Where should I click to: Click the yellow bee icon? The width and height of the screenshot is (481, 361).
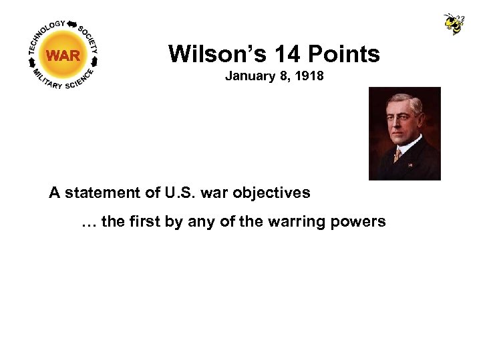454,23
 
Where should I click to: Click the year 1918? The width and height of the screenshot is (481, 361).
310,76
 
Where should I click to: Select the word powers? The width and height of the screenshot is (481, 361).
360,221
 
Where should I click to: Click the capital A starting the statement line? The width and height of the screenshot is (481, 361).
54,193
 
